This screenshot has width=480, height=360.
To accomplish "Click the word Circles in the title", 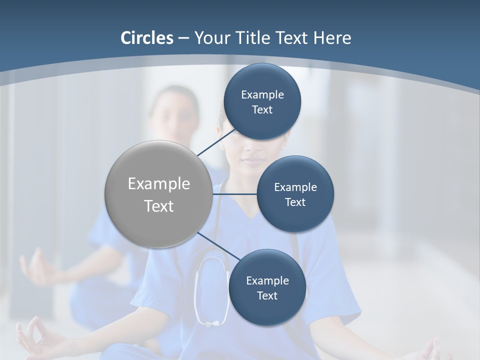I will (x=147, y=38).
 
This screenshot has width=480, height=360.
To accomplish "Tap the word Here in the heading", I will (x=332, y=38).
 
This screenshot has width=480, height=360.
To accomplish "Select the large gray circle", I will (x=158, y=194).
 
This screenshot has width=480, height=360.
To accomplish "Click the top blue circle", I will (x=262, y=101).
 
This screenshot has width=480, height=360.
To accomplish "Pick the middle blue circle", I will (x=295, y=194).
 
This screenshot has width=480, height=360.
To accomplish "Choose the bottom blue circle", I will (x=267, y=287).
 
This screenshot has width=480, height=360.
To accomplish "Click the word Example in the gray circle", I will (x=158, y=184).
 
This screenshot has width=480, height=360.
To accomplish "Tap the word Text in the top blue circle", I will (x=262, y=110).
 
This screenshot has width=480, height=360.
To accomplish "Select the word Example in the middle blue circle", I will (x=295, y=187).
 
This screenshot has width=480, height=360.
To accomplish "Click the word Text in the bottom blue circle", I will (x=267, y=296).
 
